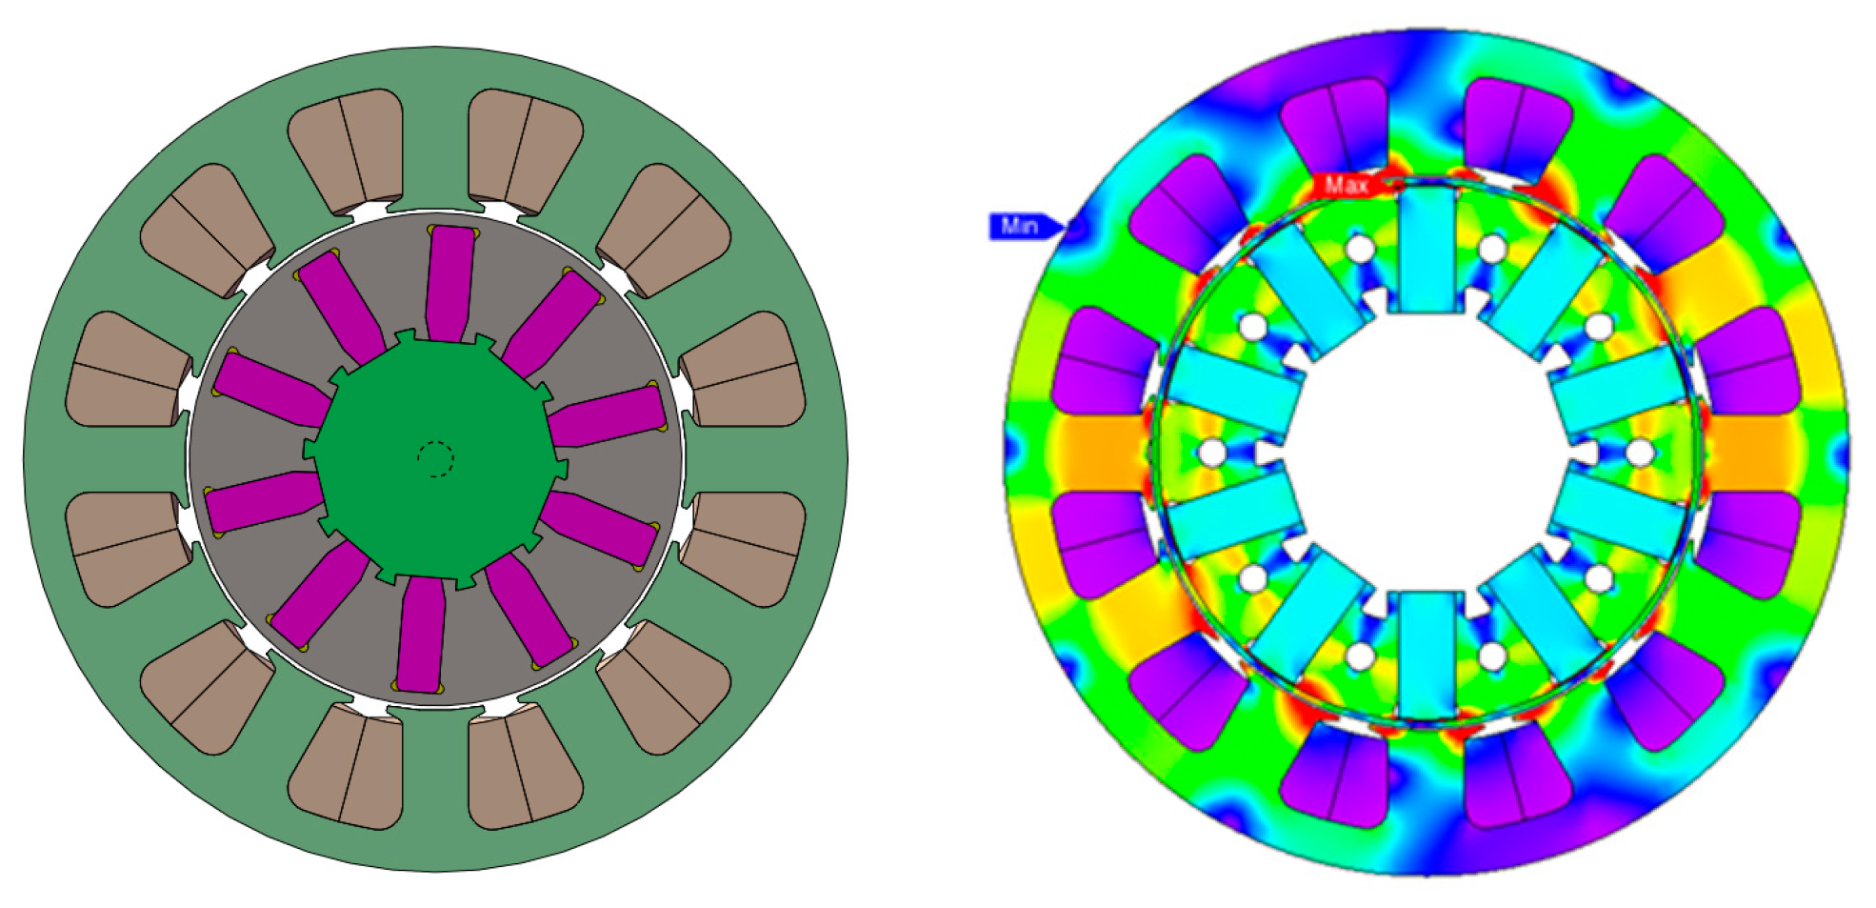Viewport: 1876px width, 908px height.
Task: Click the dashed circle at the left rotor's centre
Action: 435,459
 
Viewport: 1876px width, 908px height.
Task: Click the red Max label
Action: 1346,185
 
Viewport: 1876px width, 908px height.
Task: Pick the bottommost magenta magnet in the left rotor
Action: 421,633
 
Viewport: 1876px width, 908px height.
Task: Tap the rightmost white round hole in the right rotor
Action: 1638,452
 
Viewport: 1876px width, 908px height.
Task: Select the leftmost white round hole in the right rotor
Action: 1211,452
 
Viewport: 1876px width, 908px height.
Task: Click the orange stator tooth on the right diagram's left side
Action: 1095,452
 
